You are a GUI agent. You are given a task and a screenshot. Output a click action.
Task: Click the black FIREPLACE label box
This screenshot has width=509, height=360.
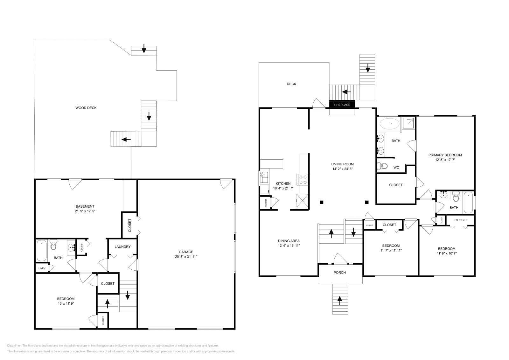pyautogui.click(x=342, y=105)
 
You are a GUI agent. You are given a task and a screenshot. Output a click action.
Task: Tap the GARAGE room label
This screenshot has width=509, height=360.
pyautogui.click(x=186, y=252)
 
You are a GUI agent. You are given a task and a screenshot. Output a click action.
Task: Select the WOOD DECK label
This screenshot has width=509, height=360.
pyautogui.click(x=86, y=108)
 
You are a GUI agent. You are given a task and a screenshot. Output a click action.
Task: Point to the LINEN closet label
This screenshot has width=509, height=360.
pyautogui.click(x=42, y=268)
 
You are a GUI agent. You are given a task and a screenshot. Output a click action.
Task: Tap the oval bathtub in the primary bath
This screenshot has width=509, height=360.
pyautogui.click(x=390, y=124)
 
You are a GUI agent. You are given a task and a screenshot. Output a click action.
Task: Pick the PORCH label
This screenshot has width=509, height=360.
pyautogui.click(x=339, y=273)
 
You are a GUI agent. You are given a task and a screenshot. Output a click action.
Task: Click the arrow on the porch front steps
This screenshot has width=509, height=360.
pyautogui.click(x=339, y=299)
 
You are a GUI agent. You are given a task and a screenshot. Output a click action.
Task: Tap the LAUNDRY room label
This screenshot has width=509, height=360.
pyautogui.click(x=122, y=246)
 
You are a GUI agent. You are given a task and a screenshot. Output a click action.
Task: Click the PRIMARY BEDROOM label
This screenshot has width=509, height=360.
pyautogui.click(x=445, y=155)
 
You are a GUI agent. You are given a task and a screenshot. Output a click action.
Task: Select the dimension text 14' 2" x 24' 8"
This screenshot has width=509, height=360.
pyautogui.click(x=342, y=169)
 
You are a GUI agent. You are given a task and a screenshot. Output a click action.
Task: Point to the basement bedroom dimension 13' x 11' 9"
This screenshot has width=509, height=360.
pyautogui.click(x=66, y=303)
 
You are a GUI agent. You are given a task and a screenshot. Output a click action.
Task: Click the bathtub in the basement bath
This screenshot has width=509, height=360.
pyautogui.click(x=42, y=251)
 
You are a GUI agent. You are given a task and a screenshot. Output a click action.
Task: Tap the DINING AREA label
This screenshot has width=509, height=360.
pyautogui.click(x=289, y=241)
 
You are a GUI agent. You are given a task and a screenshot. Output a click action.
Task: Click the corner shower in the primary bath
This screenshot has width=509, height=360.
pyautogui.click(x=408, y=123)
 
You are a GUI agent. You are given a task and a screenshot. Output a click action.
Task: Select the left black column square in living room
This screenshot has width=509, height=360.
pyautogui.click(x=322, y=202)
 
